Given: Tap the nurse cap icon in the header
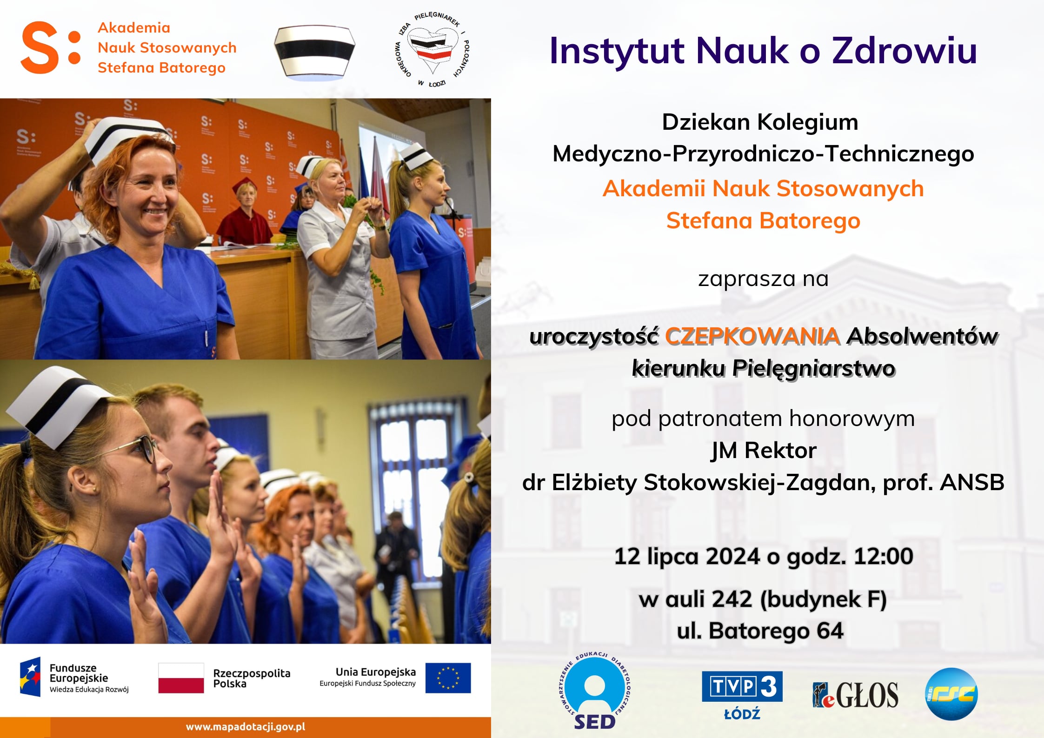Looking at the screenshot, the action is tap(314, 53).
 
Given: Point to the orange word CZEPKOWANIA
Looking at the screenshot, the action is tap(752, 336).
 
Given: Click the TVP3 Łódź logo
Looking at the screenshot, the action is tap(742, 695).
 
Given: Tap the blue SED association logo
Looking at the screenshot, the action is tap(594, 691).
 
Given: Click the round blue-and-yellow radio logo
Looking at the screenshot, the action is tap(951, 694).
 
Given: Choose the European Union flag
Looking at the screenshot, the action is tap(448, 678).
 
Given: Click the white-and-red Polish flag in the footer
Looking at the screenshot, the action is tap(181, 678).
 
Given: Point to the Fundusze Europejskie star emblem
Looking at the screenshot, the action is tap(30, 677).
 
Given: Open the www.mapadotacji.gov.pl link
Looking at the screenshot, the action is tap(246, 727).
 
